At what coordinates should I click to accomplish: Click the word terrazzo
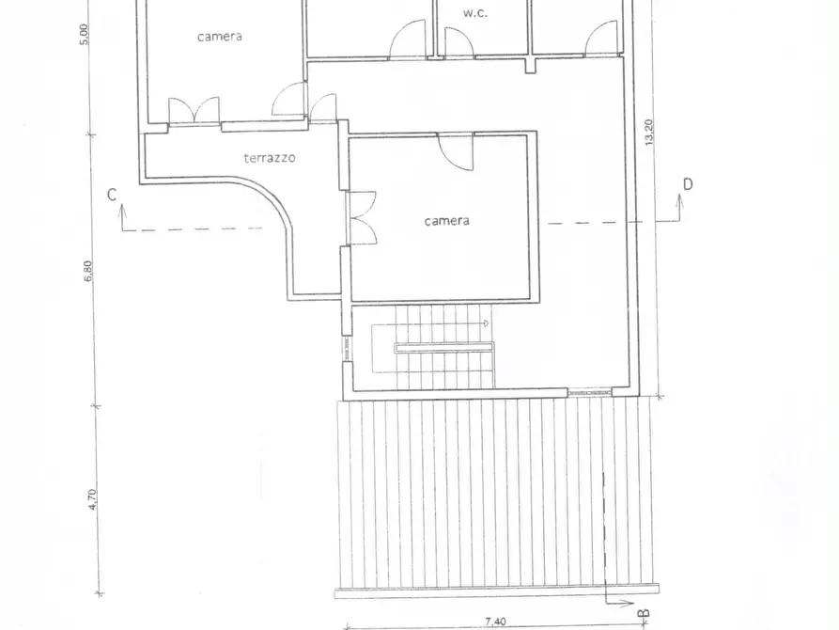[270, 158]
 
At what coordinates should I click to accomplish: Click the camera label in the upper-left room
[219, 37]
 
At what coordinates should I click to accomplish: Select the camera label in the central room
[446, 221]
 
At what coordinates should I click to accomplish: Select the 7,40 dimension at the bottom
[495, 622]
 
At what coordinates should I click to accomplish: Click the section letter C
[112, 195]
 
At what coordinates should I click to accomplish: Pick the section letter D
[688, 184]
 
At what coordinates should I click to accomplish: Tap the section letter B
[644, 614]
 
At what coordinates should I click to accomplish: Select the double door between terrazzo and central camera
[362, 218]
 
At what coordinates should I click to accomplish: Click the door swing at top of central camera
[458, 150]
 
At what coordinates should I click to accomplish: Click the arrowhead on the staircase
[485, 323]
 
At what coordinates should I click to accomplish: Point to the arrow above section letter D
[676, 201]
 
